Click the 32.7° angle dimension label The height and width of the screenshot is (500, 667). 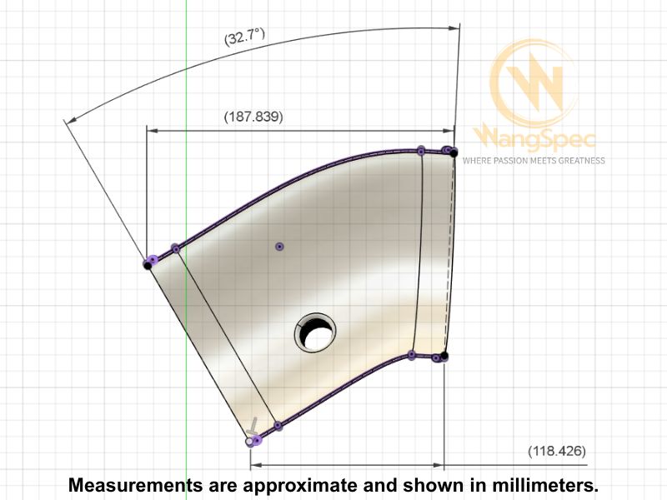point(244,37)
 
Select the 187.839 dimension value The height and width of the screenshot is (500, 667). point(253,117)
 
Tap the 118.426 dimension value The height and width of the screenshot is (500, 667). point(557,451)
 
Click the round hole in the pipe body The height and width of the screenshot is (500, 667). point(315,332)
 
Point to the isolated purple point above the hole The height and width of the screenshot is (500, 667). point(279,247)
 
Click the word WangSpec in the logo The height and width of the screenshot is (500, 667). point(534,137)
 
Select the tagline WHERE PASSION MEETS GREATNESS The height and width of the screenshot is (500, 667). point(534,161)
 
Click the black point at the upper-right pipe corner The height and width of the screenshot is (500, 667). point(454,152)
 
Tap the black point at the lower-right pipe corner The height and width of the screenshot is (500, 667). point(444,356)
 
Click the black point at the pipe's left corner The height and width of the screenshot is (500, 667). point(148,265)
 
